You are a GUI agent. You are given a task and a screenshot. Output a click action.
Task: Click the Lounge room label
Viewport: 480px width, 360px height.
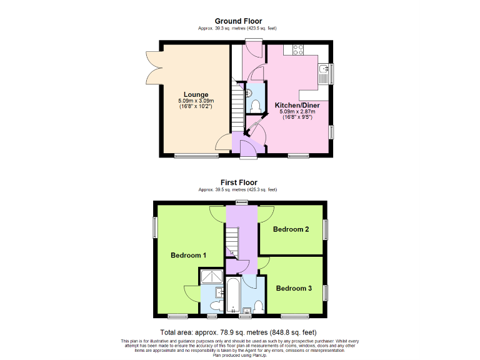[x=196, y=95]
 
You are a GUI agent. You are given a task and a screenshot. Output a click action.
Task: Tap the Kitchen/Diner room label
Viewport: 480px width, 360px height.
[x=297, y=106]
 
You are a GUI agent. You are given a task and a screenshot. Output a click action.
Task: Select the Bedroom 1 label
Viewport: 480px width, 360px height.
[x=189, y=255]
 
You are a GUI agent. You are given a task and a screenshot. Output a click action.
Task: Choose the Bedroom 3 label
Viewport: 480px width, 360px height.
[x=294, y=288]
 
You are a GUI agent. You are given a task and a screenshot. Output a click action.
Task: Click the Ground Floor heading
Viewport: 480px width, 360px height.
[x=239, y=21]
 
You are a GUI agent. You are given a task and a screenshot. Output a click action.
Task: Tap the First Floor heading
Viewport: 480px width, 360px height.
[x=239, y=182]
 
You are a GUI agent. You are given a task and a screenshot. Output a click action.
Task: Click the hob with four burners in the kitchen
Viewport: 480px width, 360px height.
[x=295, y=49]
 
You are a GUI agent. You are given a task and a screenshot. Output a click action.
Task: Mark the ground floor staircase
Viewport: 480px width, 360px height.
[x=236, y=107]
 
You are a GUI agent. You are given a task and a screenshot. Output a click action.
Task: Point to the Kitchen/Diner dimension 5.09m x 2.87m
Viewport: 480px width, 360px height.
[x=297, y=111]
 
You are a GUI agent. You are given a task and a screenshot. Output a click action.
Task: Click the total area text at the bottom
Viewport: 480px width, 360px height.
[x=239, y=332]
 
